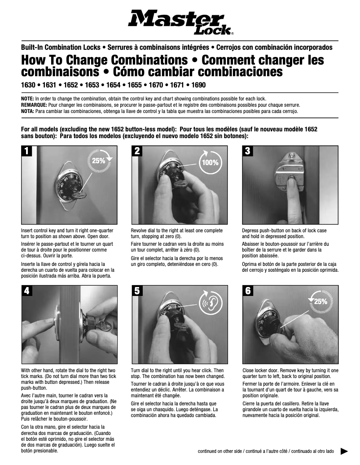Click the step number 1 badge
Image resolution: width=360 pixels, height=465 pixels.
point(28,152)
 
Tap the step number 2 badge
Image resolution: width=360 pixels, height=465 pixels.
point(138,152)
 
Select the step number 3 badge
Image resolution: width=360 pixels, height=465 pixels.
point(248,152)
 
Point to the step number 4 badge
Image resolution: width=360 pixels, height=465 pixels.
point(28,291)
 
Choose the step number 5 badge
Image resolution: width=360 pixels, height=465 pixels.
point(138,291)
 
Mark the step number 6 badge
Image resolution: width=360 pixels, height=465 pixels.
point(248,291)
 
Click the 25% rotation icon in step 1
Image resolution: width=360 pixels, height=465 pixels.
point(101,161)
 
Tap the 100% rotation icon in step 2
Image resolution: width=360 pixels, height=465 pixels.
point(210,162)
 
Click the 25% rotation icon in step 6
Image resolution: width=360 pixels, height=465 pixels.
point(320,302)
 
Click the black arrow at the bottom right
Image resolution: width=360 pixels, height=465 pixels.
point(344,451)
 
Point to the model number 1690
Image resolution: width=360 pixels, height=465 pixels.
point(198,85)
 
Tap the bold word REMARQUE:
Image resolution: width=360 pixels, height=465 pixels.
point(34,104)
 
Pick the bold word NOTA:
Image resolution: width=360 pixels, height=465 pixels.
point(28,111)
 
